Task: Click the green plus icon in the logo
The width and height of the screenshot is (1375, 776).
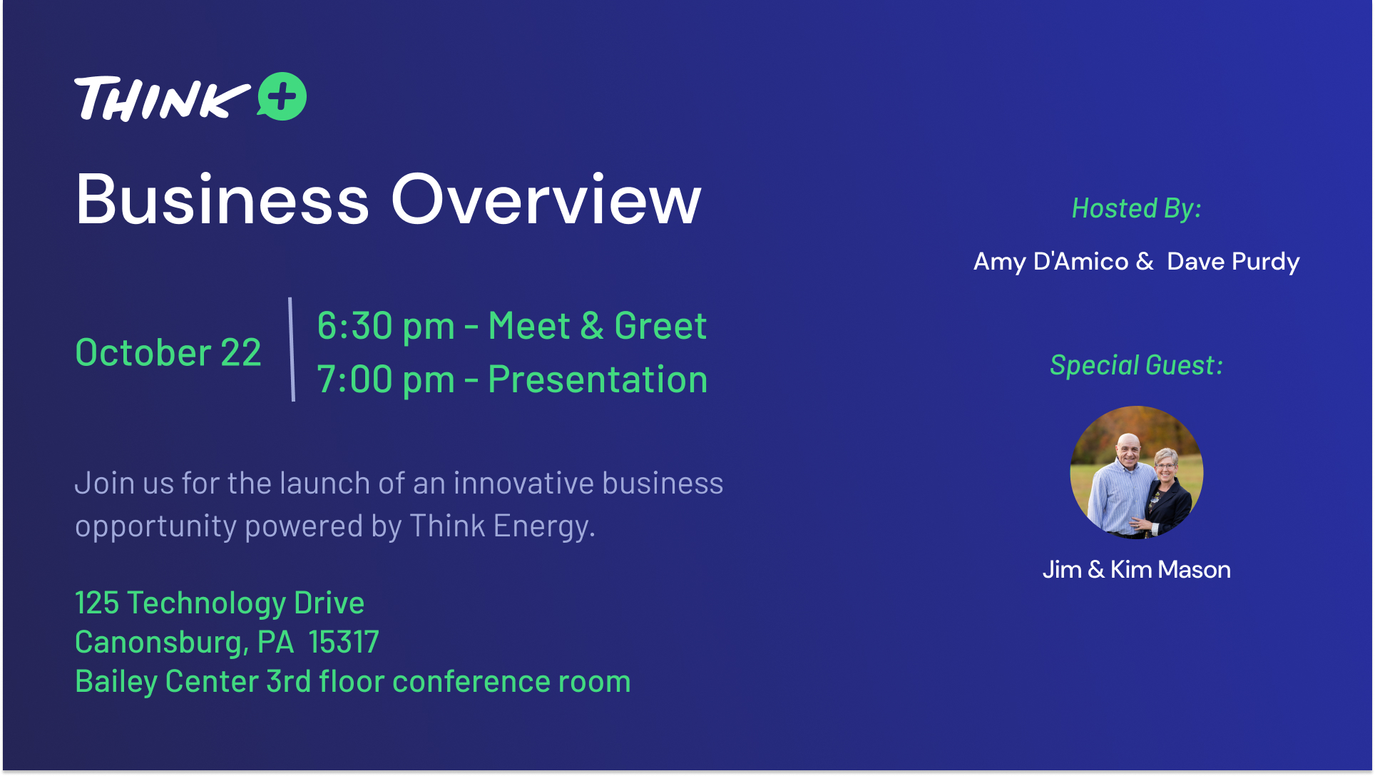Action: pos(282,96)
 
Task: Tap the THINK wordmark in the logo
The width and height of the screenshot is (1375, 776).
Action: pos(163,98)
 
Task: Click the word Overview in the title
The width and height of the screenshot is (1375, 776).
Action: pos(546,200)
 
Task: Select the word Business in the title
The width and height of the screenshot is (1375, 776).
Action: pos(223,200)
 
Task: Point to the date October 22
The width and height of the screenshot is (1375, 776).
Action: pos(168,352)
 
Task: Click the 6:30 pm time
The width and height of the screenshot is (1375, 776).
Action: pos(386,327)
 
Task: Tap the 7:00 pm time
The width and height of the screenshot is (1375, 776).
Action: pos(386,379)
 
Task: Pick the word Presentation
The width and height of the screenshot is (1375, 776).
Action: pos(598,379)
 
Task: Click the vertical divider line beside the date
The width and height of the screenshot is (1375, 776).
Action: pos(292,349)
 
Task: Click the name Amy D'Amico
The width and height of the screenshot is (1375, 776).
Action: pos(1051,262)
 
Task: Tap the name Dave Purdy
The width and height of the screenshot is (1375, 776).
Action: pos(1233,262)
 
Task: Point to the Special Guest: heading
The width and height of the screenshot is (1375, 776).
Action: pos(1137,366)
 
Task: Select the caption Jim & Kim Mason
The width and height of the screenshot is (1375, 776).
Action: pos(1137,570)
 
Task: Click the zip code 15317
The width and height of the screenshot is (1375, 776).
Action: pos(344,643)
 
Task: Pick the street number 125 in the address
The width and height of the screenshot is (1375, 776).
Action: pos(97,603)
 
